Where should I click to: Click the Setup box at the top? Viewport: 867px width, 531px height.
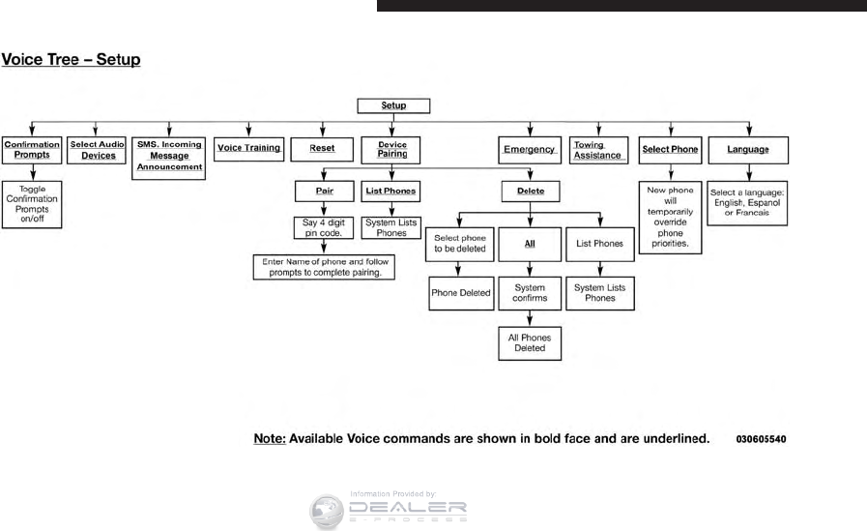tap(393, 105)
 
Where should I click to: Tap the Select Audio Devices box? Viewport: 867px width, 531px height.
tap(99, 149)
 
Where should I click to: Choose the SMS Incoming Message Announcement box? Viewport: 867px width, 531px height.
tap(169, 155)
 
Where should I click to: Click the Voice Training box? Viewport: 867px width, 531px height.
tap(248, 148)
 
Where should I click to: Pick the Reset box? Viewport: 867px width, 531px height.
tap(323, 149)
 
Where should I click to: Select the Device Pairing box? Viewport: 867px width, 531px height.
tap(392, 149)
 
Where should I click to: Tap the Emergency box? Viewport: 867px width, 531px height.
tap(529, 150)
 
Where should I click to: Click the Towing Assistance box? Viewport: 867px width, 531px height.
tap(597, 150)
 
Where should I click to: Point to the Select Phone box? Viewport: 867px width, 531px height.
tap(671, 149)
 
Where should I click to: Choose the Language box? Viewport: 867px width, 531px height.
tap(748, 149)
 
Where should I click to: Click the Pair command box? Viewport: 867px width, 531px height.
tap(324, 191)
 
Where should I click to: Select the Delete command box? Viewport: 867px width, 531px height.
tap(531, 191)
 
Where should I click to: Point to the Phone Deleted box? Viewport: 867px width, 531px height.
tap(461, 293)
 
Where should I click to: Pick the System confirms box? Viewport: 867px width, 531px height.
tap(530, 292)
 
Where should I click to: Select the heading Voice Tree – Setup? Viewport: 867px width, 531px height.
tap(72, 60)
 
